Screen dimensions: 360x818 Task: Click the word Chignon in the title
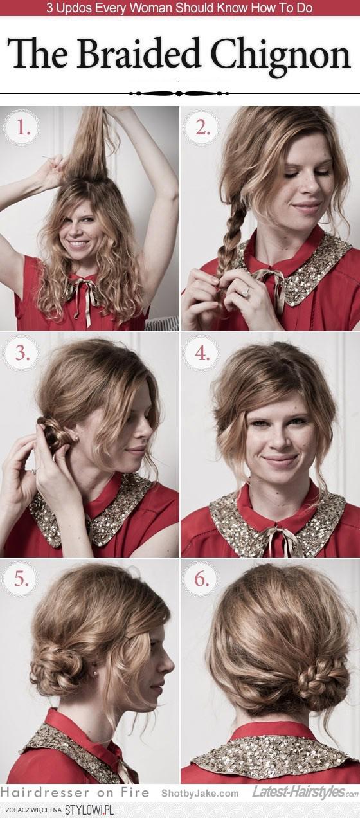(280, 55)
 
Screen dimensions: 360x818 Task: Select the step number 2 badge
(202, 128)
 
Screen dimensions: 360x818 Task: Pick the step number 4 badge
(202, 354)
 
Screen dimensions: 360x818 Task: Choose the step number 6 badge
(202, 579)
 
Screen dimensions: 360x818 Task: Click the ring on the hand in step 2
(246, 290)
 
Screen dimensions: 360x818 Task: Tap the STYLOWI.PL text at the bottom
(90, 809)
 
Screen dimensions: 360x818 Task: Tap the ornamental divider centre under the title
(179, 93)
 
